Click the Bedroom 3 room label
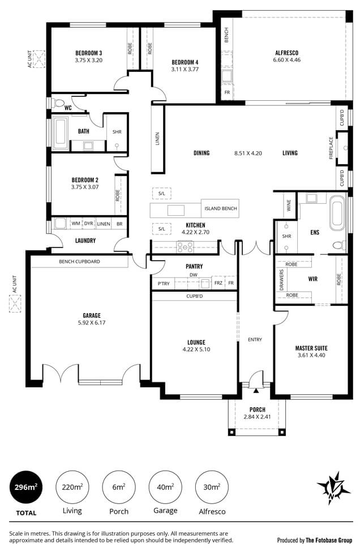coord(89,53)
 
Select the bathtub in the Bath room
coord(61,133)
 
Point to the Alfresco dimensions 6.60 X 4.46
coord(287,60)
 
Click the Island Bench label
coord(221,208)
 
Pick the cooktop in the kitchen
coord(185,247)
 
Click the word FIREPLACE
coord(331,148)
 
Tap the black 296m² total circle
coord(26,488)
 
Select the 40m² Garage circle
coord(165,488)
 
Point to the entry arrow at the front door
coord(256,390)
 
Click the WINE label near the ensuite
coord(289,205)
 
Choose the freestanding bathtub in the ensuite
coord(338,212)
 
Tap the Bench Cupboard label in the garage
coord(80,262)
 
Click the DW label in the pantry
coord(194,275)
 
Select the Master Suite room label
coord(311,348)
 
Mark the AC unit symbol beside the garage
coord(15,304)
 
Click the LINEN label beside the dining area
coord(158,139)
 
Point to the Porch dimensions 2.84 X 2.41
coord(257,417)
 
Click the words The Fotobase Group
coord(329,540)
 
